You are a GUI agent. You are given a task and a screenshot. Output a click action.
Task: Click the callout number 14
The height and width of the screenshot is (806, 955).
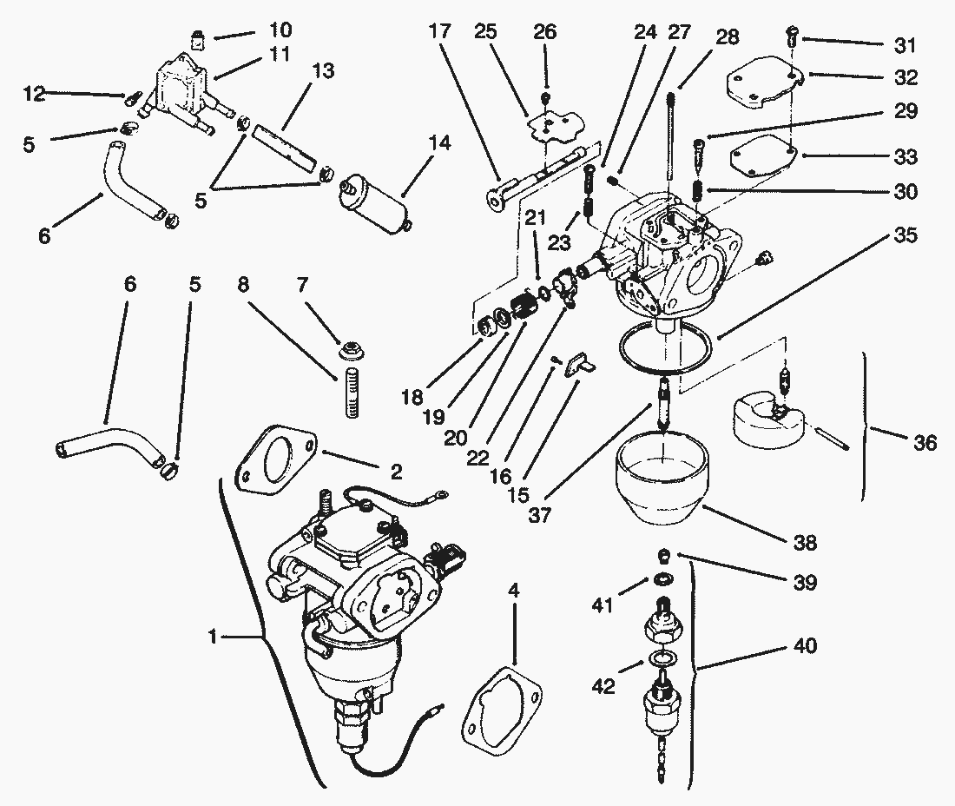(x=439, y=143)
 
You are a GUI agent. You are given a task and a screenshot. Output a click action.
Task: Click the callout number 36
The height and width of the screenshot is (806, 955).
(x=925, y=443)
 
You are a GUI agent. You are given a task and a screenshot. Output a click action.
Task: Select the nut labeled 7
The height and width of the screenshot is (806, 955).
(x=352, y=352)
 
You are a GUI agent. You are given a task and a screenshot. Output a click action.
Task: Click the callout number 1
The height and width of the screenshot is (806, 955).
(x=213, y=637)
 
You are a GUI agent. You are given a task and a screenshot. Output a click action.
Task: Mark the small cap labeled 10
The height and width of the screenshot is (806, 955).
(x=196, y=38)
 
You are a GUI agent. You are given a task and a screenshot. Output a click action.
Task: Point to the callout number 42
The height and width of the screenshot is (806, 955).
(x=604, y=686)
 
